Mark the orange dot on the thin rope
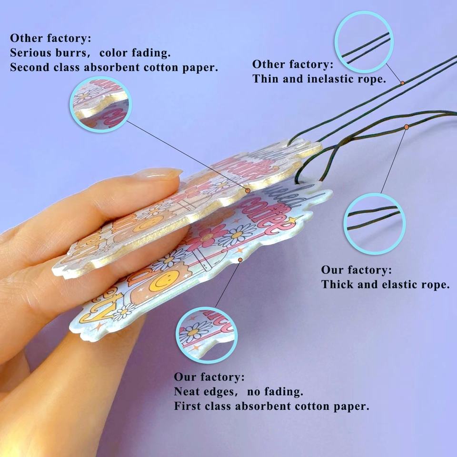pos(402,83)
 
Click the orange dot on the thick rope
pos(407,127)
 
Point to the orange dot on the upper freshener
pos(248,190)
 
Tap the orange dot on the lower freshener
pos(240,259)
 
